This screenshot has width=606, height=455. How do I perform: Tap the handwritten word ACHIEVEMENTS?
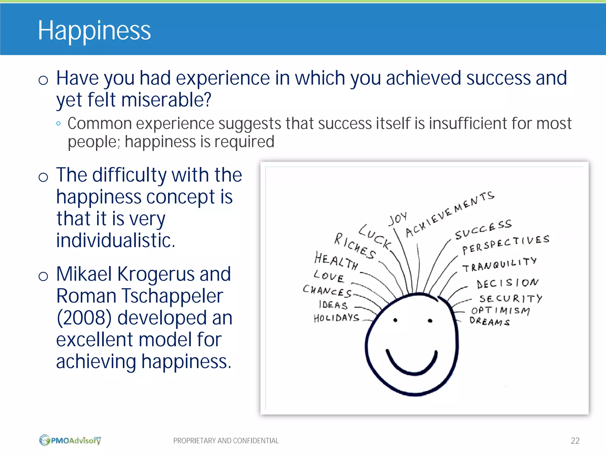tap(449, 214)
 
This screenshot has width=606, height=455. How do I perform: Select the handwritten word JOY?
tap(397, 219)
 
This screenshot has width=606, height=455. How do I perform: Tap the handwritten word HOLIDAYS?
tap(336, 318)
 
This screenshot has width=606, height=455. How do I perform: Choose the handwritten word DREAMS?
tap(489, 321)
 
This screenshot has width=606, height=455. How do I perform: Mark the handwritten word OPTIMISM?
tap(500, 310)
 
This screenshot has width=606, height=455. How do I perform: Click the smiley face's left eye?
tap(395, 320)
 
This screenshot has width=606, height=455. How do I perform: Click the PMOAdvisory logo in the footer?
tap(70, 440)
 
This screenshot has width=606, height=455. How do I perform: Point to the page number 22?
tap(575, 441)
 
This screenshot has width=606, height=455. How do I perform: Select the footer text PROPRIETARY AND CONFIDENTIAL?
tap(226, 441)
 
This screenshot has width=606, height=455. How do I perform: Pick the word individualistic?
tap(115, 240)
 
